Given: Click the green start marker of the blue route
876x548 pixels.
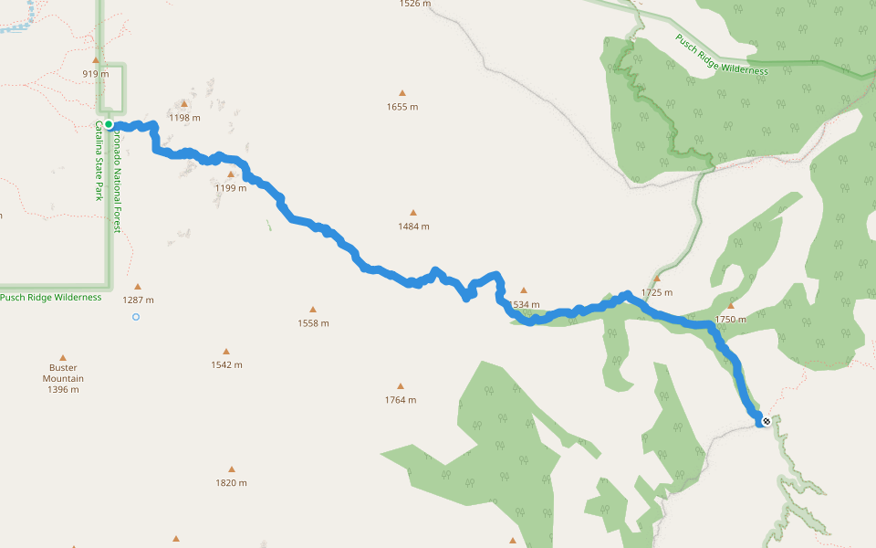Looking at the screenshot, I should (109, 124).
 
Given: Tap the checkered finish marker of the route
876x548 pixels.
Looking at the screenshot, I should (766, 421).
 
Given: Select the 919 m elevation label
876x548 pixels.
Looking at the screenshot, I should (96, 74).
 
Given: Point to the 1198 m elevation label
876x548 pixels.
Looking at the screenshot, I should (185, 118).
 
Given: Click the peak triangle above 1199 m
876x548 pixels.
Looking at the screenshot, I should (231, 174).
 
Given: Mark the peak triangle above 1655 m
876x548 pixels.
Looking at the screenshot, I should (401, 93).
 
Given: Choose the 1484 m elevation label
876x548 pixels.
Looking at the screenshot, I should (412, 227).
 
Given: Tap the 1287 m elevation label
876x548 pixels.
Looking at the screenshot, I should (139, 300).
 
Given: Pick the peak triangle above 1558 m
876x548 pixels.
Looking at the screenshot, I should (313, 310).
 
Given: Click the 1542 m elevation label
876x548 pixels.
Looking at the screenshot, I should (226, 364).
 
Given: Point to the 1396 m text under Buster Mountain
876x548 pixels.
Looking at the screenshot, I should (63, 390).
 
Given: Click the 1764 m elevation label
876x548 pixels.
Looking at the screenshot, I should (400, 400).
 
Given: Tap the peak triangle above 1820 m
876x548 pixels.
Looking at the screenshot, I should (231, 469).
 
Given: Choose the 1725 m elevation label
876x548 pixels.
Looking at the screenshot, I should (657, 293).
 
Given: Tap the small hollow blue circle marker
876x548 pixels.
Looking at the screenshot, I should (136, 317).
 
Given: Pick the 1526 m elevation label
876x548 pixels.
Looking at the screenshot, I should (414, 4).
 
